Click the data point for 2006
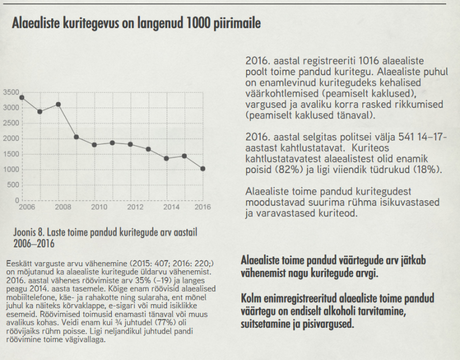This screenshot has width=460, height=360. click(22, 97)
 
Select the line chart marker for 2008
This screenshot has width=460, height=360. click(58, 104)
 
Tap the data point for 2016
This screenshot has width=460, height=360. click(203, 168)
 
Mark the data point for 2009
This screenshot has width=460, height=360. click(76, 137)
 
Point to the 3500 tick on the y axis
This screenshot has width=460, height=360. click(11, 92)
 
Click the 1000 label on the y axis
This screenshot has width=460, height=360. click(11, 170)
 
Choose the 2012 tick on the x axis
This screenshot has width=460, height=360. click(134, 206)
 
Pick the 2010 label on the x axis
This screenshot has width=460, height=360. click(98, 206)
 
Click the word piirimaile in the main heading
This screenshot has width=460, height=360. click(232, 24)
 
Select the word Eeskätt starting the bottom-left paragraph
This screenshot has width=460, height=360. click(17, 255)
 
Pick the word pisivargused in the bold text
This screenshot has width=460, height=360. click(328, 324)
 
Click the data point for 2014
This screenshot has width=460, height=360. click(167, 158)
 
